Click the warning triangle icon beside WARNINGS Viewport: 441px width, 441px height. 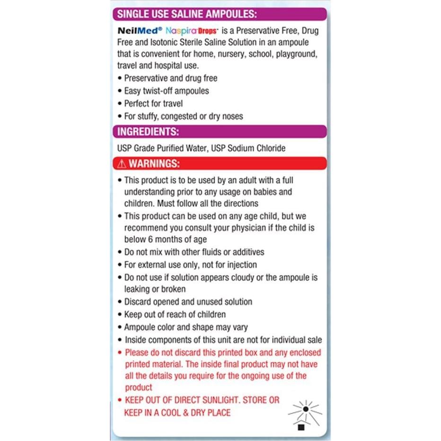[122, 164]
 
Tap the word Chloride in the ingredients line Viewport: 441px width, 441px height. [270, 148]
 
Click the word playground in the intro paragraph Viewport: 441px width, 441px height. [295, 54]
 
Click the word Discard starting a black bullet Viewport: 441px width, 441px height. [138, 301]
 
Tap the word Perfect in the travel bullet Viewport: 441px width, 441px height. [138, 103]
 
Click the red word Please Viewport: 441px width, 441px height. [138, 353]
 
